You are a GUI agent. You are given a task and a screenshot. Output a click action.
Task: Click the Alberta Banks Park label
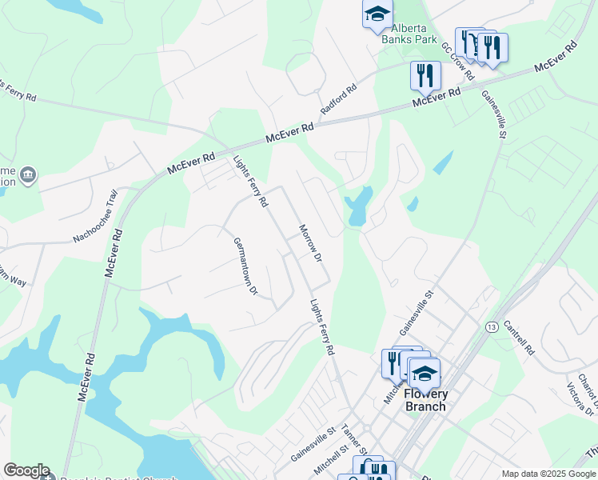click(409, 33)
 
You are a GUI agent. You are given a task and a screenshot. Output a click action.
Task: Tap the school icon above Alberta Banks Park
click(377, 14)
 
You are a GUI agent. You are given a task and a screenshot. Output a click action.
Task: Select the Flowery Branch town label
click(425, 399)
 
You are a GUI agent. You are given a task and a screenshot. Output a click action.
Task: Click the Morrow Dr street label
click(309, 244)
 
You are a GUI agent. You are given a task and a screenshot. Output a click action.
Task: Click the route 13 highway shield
click(491, 327)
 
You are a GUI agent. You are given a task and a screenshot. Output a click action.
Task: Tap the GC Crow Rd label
click(458, 61)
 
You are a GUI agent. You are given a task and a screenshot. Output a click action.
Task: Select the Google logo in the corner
click(26, 470)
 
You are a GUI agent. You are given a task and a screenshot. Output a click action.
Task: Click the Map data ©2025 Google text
click(548, 474)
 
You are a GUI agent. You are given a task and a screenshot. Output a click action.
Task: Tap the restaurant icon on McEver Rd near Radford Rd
click(425, 76)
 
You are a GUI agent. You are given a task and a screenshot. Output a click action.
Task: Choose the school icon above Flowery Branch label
click(425, 373)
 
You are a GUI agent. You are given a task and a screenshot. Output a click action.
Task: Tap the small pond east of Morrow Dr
click(359, 206)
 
